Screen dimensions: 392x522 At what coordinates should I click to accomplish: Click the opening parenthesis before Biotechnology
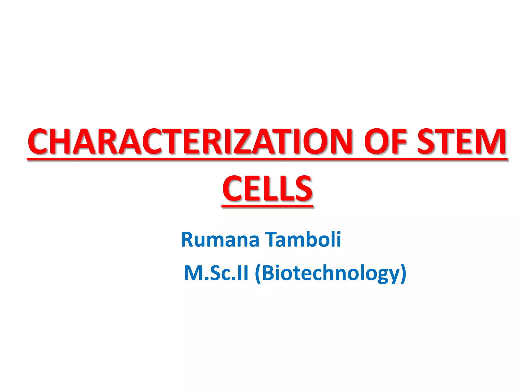coord(257,274)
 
